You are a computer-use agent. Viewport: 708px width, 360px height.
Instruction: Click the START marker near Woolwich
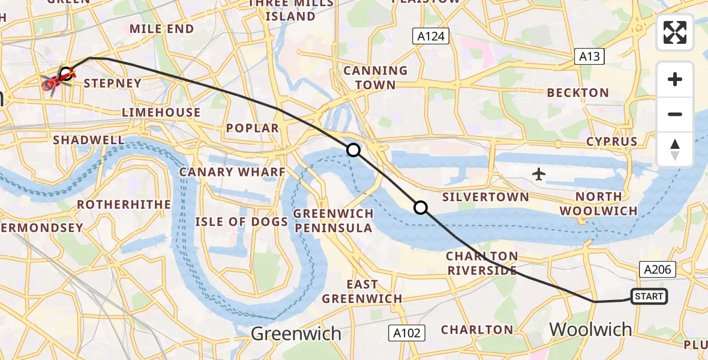(x=649, y=296)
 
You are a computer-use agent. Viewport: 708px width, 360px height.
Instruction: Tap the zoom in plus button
(x=675, y=79)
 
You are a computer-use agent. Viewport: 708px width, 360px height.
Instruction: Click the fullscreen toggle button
(x=675, y=32)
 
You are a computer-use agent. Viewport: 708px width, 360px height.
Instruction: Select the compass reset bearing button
(x=675, y=149)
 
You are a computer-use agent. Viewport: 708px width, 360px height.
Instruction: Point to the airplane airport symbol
(x=539, y=175)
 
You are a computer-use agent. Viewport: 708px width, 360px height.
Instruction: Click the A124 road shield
(x=431, y=36)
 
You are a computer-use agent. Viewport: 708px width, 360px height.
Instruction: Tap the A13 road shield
(x=588, y=56)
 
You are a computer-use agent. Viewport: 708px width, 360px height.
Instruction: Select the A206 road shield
(x=658, y=269)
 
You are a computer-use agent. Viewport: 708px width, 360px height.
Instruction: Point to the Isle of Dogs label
(x=242, y=221)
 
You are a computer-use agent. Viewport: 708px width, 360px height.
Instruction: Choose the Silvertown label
(x=485, y=197)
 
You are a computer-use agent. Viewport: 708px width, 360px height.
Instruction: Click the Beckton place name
(x=578, y=93)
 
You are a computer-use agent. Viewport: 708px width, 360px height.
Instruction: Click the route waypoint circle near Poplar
(x=353, y=150)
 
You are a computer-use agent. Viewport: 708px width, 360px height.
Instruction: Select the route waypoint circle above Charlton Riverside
(x=421, y=208)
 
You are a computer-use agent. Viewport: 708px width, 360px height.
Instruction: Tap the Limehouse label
(x=161, y=112)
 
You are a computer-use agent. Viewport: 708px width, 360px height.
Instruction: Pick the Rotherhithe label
(x=124, y=205)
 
